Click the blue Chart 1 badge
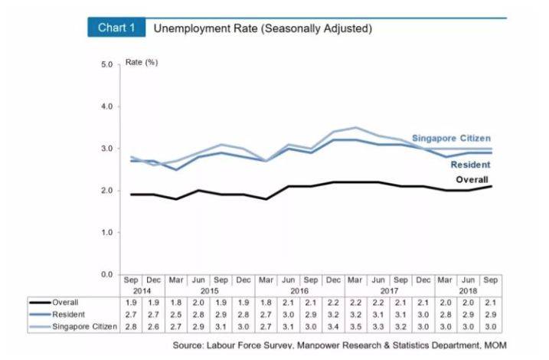(116, 28)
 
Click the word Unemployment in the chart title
(187, 28)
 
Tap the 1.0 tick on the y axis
(106, 232)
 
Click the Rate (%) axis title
(141, 61)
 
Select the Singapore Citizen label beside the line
(452, 139)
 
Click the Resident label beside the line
(470, 165)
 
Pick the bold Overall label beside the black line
(472, 180)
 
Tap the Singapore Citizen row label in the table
(84, 327)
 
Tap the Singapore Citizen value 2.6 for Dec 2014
(154, 327)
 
